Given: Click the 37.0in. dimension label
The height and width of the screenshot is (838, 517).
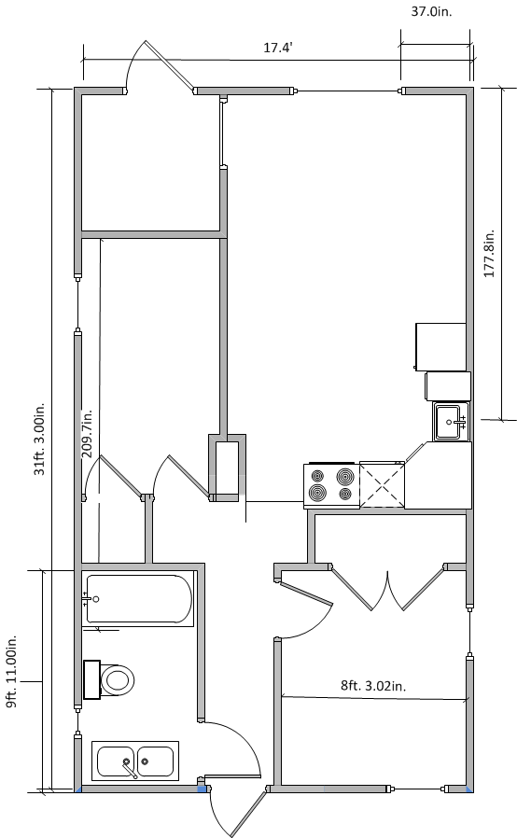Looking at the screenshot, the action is point(431,12).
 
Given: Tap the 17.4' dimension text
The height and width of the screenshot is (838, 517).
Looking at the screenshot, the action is point(277,48).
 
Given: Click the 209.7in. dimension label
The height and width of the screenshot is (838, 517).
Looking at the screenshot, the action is point(87,434).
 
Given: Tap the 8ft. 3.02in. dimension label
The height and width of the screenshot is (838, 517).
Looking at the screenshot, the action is point(373,686).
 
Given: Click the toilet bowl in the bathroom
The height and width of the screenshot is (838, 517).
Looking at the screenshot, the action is point(117,680).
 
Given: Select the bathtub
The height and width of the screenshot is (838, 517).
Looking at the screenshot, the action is point(138,599).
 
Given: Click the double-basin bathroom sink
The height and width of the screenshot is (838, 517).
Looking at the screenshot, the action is point(135,761).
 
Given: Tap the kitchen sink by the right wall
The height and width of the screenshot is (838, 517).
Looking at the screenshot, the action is point(452,422).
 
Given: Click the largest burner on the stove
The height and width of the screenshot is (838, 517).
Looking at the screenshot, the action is point(346,476).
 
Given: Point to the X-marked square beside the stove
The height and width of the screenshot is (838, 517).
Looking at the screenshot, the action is point(382,484).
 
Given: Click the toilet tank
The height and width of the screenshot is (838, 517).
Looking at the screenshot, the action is point(92,679).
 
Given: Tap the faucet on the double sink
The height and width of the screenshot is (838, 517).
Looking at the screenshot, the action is point(129,768).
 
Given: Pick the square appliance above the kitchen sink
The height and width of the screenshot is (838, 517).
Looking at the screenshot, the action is point(448,386).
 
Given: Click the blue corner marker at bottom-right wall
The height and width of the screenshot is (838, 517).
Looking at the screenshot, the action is point(469,789).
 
